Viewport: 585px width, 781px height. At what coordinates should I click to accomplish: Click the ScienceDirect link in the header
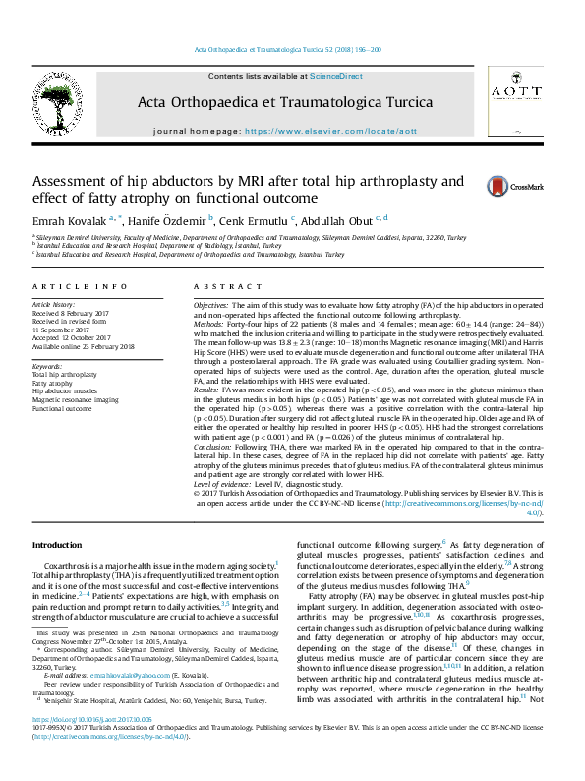pos(336,76)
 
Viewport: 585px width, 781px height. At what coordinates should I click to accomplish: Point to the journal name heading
pos(284,102)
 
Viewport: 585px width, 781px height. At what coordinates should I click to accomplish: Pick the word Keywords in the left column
pos(48,366)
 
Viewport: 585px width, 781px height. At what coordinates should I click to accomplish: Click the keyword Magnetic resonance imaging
pos(76,400)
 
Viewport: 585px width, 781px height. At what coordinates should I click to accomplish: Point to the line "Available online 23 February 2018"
pos(82,346)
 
